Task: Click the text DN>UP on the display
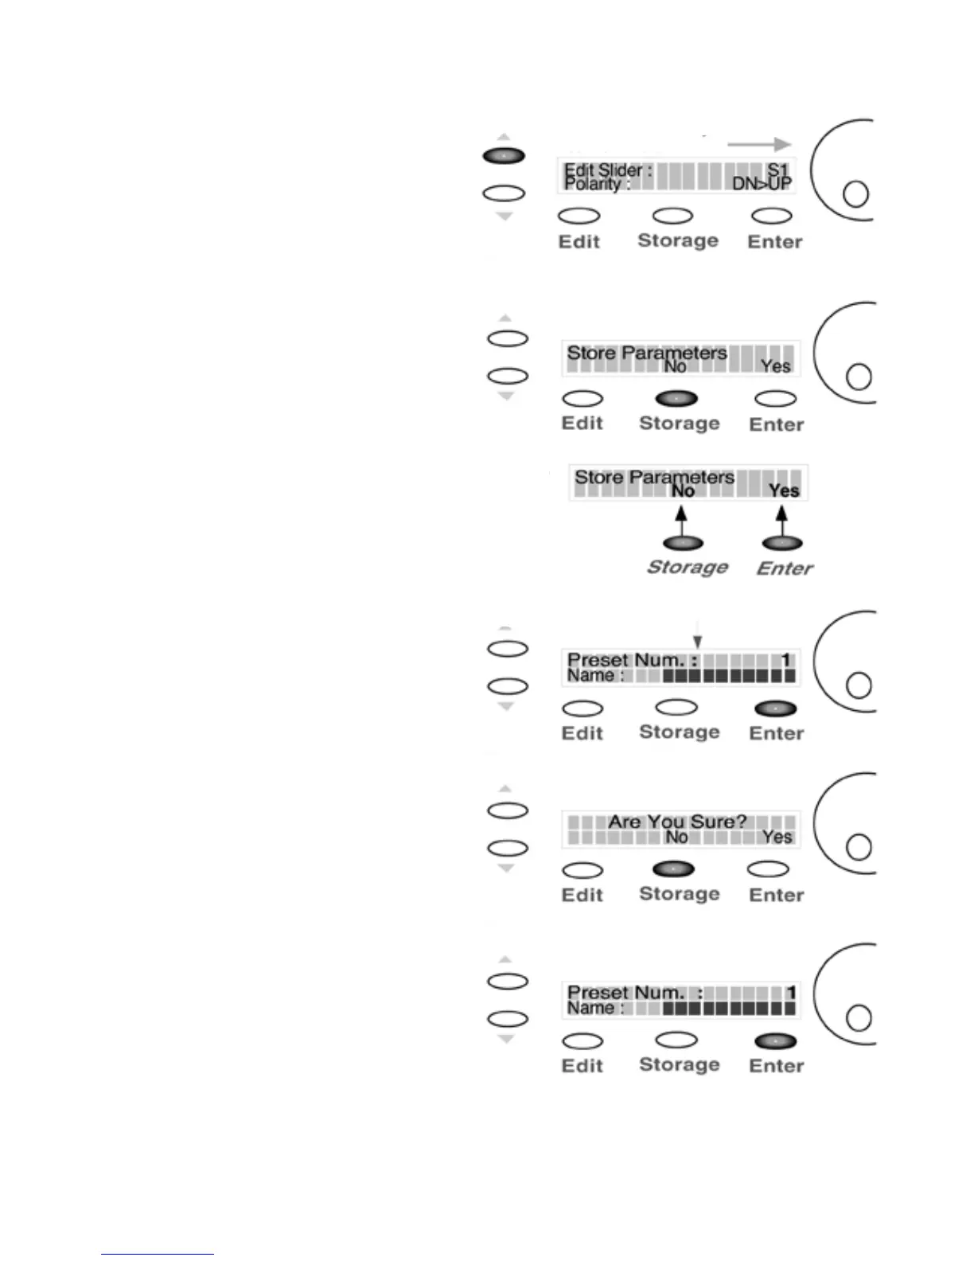pos(761,184)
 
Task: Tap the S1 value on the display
pos(777,170)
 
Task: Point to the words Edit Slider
pos(604,170)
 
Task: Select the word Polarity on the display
pos(591,184)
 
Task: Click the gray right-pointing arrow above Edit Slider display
pos(759,144)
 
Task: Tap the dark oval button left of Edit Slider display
pos(504,156)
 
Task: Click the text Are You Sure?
pos(677,822)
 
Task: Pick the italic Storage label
pos(688,567)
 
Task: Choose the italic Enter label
pos(785,568)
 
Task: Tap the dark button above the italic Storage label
pos(683,543)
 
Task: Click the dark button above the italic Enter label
pos(782,543)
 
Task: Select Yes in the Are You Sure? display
pos(777,837)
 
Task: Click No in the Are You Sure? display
pos(676,837)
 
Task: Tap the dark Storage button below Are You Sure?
pos(673,869)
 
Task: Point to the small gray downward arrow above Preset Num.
pos(698,641)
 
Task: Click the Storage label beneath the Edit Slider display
pos(678,240)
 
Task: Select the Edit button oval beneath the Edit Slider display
pos(579,216)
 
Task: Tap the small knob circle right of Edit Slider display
pos(855,193)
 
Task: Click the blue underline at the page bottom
pos(158,1254)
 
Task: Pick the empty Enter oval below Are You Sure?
pos(769,869)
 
